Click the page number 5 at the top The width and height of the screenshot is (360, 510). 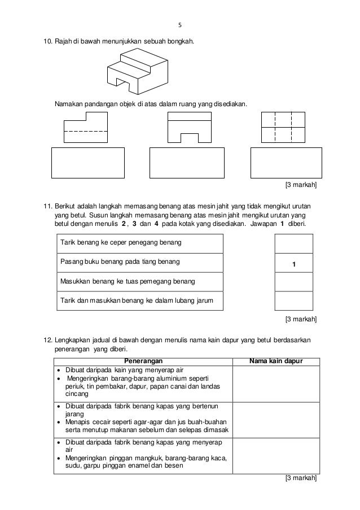(180, 25)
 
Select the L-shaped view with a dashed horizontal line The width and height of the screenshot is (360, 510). (86, 127)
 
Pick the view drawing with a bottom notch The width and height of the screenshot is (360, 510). (189, 127)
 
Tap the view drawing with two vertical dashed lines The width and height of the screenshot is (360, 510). (284, 127)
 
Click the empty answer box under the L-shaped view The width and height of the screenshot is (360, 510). (87, 163)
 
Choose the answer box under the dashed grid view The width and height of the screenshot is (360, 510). (286, 163)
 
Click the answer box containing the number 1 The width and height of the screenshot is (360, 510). (293, 263)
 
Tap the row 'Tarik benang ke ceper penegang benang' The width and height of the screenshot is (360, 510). (138, 243)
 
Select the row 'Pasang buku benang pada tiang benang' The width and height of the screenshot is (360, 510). (138, 263)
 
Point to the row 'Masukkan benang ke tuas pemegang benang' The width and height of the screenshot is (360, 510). (138, 281)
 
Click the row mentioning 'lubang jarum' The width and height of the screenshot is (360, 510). (138, 300)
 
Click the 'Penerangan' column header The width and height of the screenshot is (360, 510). (143, 361)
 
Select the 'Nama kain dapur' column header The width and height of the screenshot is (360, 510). (276, 361)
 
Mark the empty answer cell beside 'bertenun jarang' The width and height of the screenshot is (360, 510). (276, 420)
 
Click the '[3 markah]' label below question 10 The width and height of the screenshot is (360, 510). (301, 185)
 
